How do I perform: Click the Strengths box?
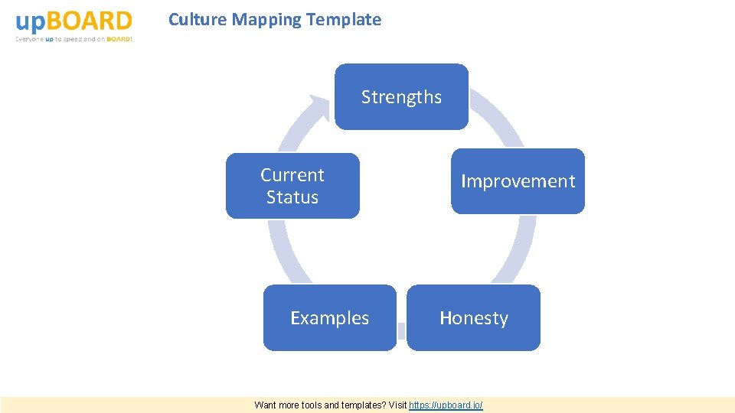pyautogui.click(x=401, y=97)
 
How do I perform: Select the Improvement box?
pyautogui.click(x=518, y=181)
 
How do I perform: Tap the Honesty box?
pyautogui.click(x=473, y=318)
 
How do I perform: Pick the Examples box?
pyautogui.click(x=329, y=318)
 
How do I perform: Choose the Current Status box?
pyautogui.click(x=292, y=186)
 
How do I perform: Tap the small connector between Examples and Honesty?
pyautogui.click(x=401, y=330)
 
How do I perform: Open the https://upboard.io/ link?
pyautogui.click(x=446, y=405)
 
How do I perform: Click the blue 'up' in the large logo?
pyautogui.click(x=30, y=21)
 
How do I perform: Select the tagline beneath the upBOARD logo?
pyautogui.click(x=74, y=39)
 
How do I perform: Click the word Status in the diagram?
pyautogui.click(x=292, y=197)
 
